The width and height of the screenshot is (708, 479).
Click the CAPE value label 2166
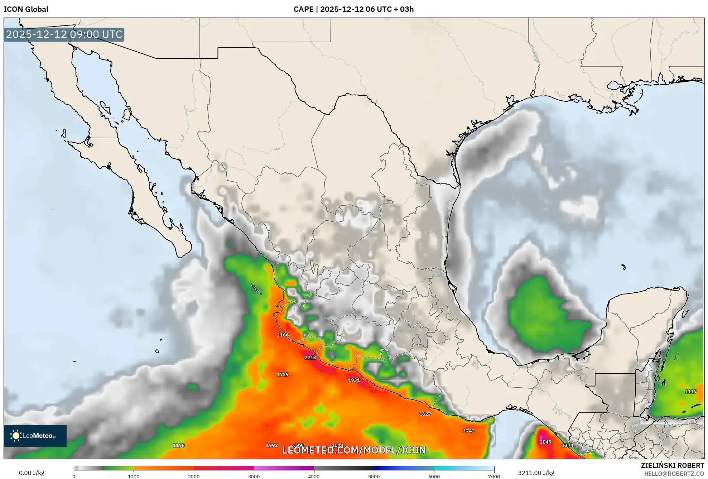(x=283, y=335)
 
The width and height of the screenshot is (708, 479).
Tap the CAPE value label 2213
(x=310, y=358)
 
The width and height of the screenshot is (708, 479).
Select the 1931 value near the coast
(x=354, y=380)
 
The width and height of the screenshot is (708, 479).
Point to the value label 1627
(x=425, y=414)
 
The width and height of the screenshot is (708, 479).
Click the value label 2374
(x=567, y=445)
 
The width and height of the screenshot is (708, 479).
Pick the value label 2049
(x=545, y=442)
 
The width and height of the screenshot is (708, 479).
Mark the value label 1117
(x=691, y=392)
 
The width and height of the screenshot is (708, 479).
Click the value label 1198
(x=179, y=445)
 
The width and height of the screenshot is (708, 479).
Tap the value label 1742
(x=469, y=431)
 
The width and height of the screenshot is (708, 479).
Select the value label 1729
(x=283, y=375)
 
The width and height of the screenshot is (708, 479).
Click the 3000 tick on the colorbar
(x=254, y=476)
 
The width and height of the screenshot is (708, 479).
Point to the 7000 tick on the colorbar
(x=494, y=476)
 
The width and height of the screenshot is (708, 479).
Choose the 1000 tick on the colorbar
(x=134, y=476)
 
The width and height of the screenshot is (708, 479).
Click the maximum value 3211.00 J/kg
(x=536, y=473)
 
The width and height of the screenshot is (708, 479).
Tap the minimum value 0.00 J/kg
(x=32, y=473)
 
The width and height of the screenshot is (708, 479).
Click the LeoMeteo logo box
(x=35, y=436)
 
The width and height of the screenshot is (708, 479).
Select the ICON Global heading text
(x=26, y=9)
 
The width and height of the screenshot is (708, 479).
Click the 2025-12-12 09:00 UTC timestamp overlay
(x=64, y=34)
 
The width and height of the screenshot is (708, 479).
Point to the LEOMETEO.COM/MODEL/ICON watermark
(x=354, y=450)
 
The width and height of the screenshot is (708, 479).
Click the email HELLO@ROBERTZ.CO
(x=674, y=474)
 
